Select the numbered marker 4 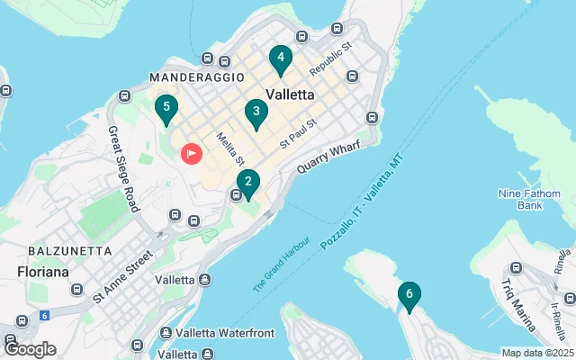[x=281, y=59]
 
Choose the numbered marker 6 [x=409, y=294]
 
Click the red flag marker [x=192, y=154]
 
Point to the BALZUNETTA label [x=70, y=250]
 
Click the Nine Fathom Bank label [x=521, y=199]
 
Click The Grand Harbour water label [x=282, y=265]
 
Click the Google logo [x=30, y=349]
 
